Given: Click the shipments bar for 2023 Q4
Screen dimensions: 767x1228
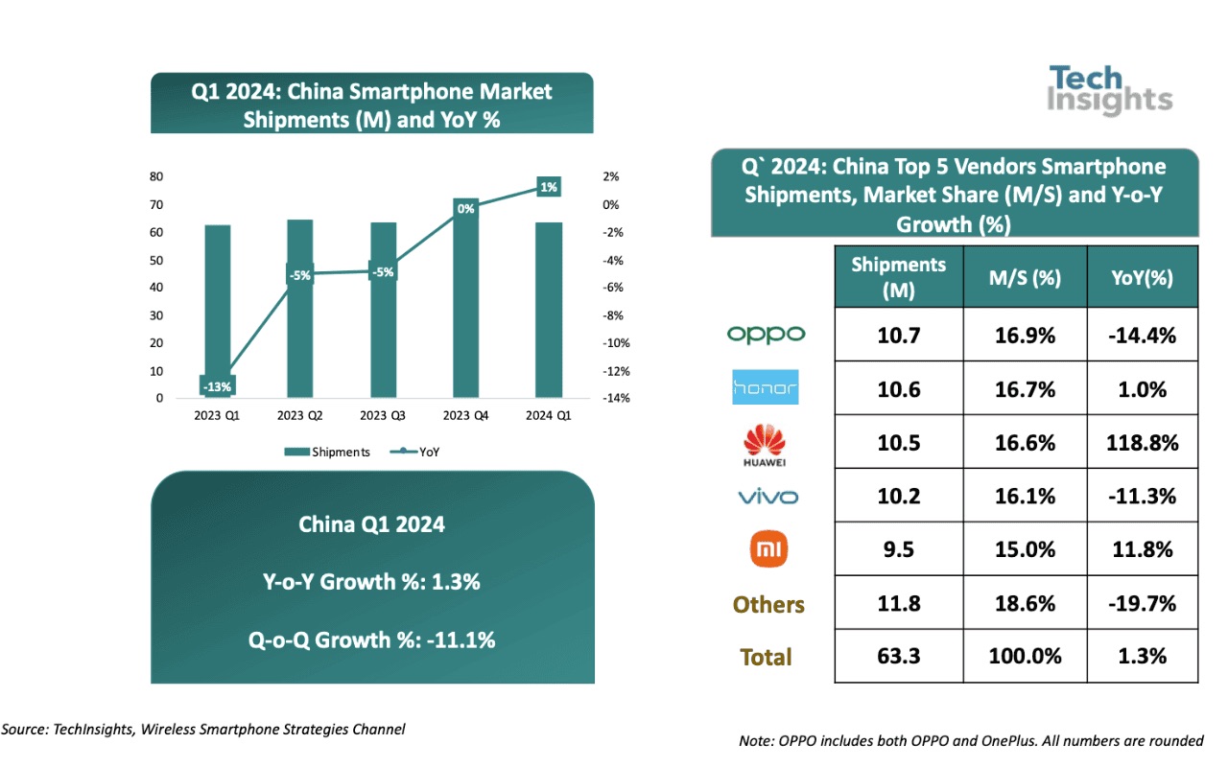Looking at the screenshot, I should pyautogui.click(x=465, y=307).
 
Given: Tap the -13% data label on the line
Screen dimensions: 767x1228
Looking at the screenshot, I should pyautogui.click(x=217, y=386).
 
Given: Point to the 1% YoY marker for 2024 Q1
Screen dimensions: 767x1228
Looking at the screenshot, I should pyautogui.click(x=549, y=188).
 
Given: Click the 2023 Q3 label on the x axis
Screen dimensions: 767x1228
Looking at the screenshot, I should pyautogui.click(x=383, y=415).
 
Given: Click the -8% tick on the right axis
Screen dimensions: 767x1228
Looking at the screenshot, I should pyautogui.click(x=611, y=315).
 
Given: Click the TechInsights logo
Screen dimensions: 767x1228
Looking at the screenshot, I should pyautogui.click(x=1110, y=90).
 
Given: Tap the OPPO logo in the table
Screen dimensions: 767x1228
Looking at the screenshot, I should pyautogui.click(x=766, y=334).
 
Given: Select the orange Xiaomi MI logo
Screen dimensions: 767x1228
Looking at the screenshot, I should pyautogui.click(x=767, y=548).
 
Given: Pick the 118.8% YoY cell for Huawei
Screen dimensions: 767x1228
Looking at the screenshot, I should pyautogui.click(x=1142, y=442).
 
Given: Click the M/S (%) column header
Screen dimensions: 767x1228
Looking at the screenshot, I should pyautogui.click(x=1025, y=277).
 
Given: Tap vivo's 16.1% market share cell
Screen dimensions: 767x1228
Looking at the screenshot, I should pyautogui.click(x=1025, y=496).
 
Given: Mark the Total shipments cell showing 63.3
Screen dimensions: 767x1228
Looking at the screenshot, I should pyautogui.click(x=898, y=656).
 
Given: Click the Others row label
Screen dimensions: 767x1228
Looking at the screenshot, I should pyautogui.click(x=768, y=604).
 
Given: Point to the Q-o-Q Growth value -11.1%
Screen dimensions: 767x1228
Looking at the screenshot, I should pyautogui.click(x=457, y=639).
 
